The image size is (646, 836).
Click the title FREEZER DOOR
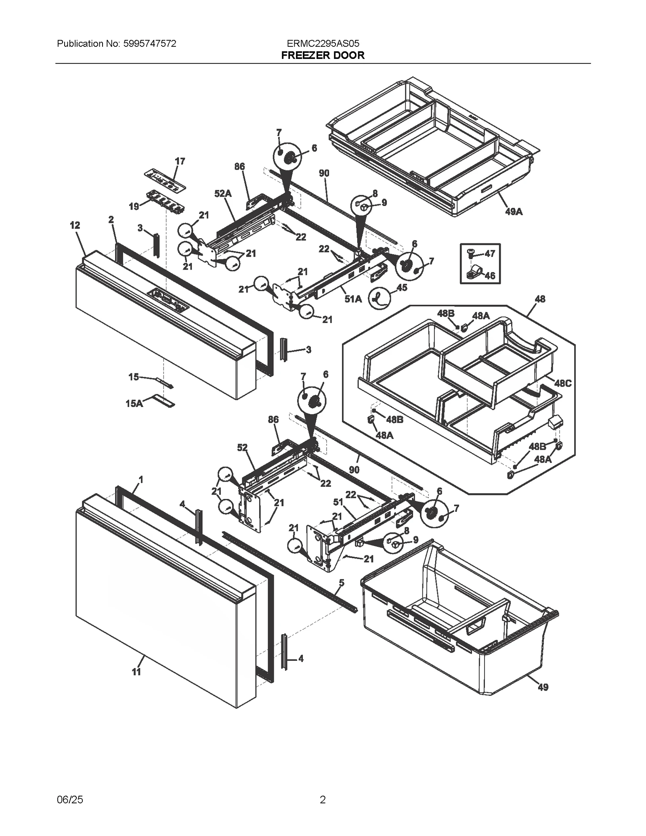click(323, 55)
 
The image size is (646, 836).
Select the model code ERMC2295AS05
click(323, 44)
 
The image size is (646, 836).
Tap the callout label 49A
click(514, 212)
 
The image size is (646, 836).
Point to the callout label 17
click(180, 161)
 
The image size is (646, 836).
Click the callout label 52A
click(223, 194)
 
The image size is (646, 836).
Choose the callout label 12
click(75, 225)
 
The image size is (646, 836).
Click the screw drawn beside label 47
click(470, 253)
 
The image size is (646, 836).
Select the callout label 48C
click(562, 383)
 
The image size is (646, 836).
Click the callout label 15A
click(134, 403)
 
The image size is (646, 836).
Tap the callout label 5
click(341, 582)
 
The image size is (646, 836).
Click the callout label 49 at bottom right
click(543, 687)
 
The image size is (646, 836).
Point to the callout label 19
click(134, 207)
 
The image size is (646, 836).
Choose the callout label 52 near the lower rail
click(242, 448)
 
